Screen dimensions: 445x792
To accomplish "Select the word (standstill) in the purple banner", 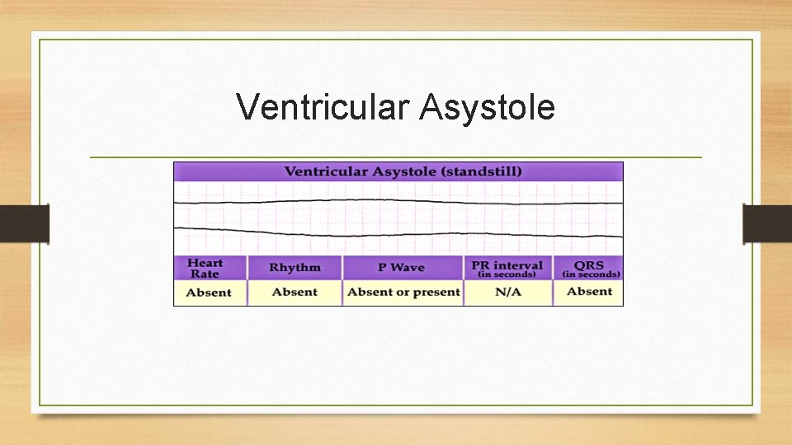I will click(480, 172).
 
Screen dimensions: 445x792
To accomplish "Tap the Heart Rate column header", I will click(205, 268).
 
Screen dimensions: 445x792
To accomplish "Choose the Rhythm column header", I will click(294, 268).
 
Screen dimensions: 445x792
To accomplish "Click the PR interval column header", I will click(507, 265).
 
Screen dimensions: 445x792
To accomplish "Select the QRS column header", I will click(589, 265).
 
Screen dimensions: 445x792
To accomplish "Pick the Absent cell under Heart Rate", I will click(209, 293).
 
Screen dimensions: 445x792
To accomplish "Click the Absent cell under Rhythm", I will click(295, 292).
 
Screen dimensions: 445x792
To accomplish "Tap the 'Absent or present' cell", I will click(403, 292).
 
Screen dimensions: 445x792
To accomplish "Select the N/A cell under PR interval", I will click(507, 292).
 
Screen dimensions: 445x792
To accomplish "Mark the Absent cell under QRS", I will click(589, 292).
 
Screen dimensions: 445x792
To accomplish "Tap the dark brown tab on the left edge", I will click(24, 223).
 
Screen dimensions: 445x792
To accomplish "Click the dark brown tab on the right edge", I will click(767, 223).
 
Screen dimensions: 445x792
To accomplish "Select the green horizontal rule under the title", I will click(396, 157).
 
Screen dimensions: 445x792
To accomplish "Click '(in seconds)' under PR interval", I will click(507, 274).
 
